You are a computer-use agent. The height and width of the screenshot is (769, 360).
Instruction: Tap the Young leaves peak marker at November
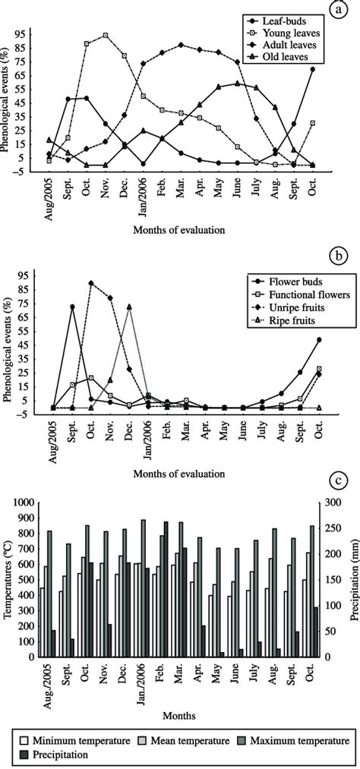tap(105, 35)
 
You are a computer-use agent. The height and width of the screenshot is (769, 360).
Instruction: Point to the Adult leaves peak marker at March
tap(181, 45)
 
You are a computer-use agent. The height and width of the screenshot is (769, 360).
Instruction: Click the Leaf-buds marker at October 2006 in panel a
tap(313, 69)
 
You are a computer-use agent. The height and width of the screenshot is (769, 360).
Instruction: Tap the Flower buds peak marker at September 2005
tap(72, 307)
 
